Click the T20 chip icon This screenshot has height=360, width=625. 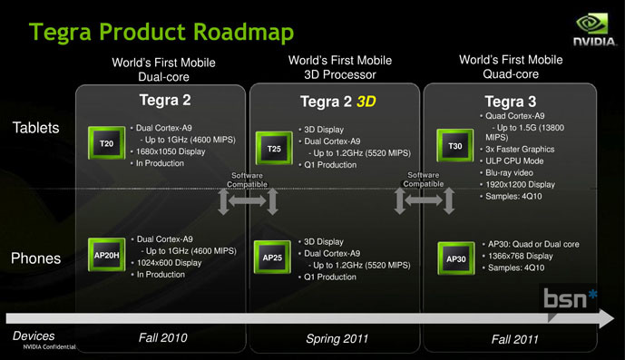tap(106, 144)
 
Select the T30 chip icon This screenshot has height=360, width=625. tap(454, 146)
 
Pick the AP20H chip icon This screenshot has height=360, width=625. tap(107, 256)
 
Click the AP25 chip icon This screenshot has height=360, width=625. tap(273, 258)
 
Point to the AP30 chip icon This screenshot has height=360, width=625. tap(455, 258)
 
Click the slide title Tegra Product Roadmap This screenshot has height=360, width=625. tap(161, 33)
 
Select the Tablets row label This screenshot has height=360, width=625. tap(36, 129)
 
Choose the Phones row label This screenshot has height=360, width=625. tap(35, 259)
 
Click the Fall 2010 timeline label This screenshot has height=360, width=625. tap(162, 338)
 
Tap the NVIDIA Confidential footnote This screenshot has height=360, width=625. tap(50, 348)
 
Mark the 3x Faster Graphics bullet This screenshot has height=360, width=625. tap(519, 149)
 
